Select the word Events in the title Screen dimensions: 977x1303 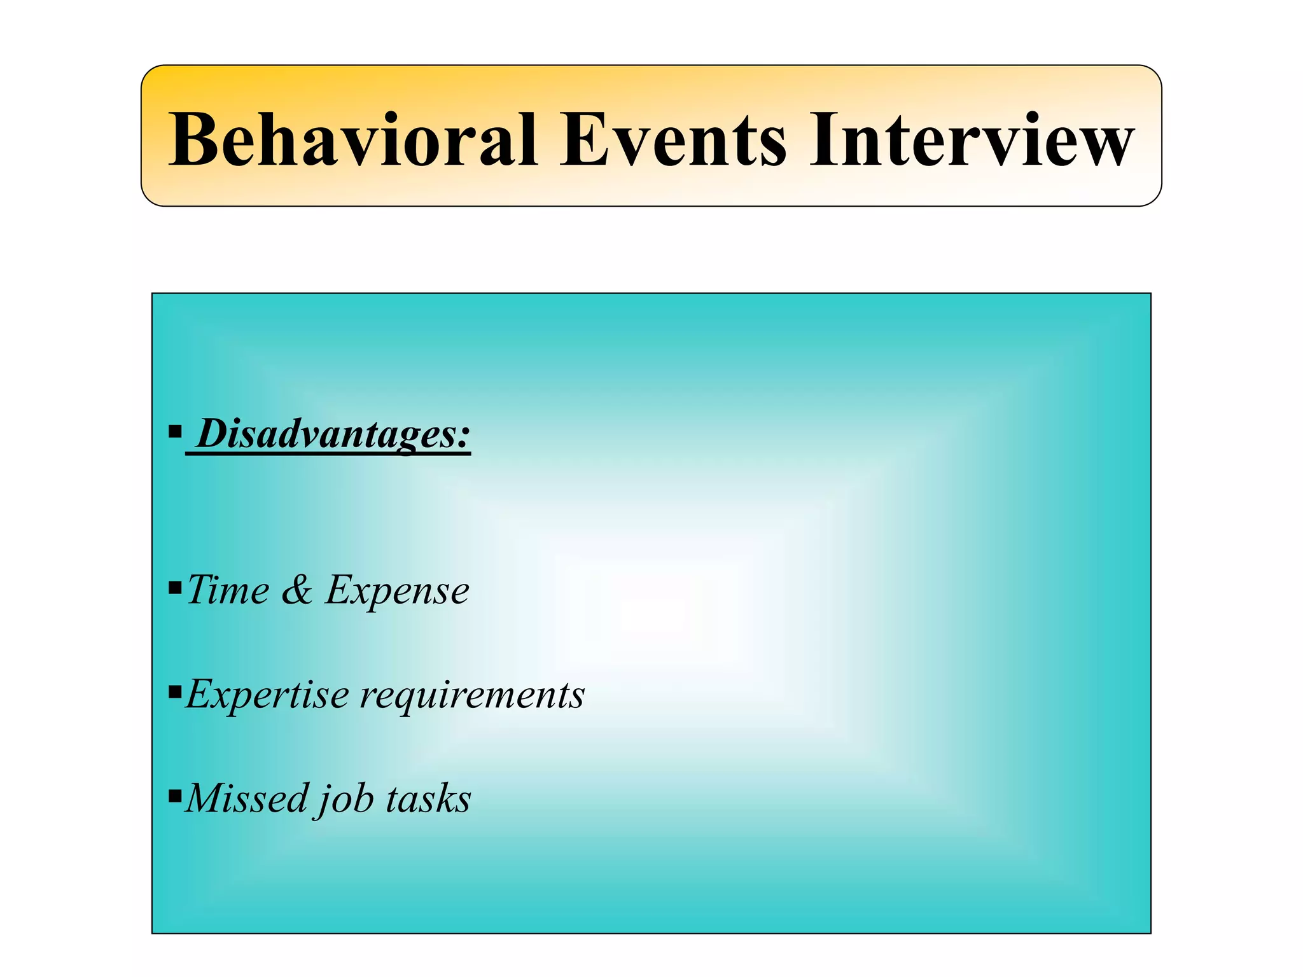click(672, 139)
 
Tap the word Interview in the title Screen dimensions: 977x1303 click(972, 139)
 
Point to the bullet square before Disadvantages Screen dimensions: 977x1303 click(175, 433)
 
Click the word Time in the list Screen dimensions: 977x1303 click(228, 590)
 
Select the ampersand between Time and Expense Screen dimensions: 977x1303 click(297, 590)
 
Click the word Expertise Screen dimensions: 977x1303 click(267, 695)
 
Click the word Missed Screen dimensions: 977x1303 click(247, 798)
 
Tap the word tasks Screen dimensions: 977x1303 click(428, 799)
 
